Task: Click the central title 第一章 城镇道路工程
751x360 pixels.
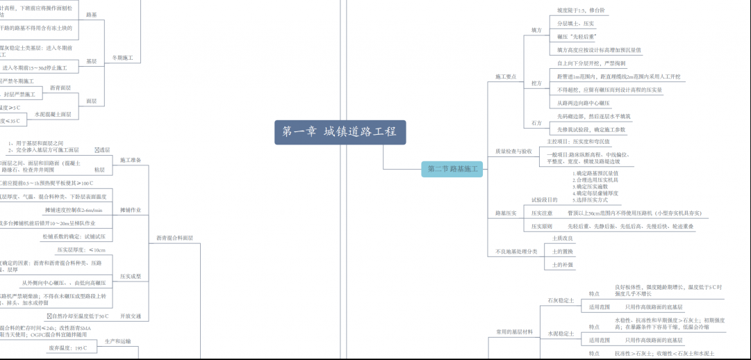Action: (x=340, y=131)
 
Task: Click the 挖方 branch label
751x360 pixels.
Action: (x=536, y=83)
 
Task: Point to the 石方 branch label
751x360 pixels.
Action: (x=536, y=123)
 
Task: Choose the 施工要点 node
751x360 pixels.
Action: (x=505, y=76)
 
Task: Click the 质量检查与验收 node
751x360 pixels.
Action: (x=513, y=151)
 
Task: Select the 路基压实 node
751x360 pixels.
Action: (x=506, y=213)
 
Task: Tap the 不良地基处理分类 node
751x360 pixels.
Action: (x=517, y=251)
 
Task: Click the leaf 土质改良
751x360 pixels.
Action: (x=563, y=238)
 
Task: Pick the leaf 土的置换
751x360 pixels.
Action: (x=563, y=251)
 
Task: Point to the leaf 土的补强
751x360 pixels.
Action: (x=563, y=264)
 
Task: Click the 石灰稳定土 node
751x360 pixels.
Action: (x=561, y=300)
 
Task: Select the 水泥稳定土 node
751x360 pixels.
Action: (x=561, y=334)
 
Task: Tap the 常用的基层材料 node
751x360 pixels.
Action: (x=515, y=332)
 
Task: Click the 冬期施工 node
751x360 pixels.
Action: (x=122, y=58)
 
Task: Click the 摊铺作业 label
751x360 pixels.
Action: (x=131, y=209)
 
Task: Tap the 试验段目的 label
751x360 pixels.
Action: (x=545, y=199)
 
